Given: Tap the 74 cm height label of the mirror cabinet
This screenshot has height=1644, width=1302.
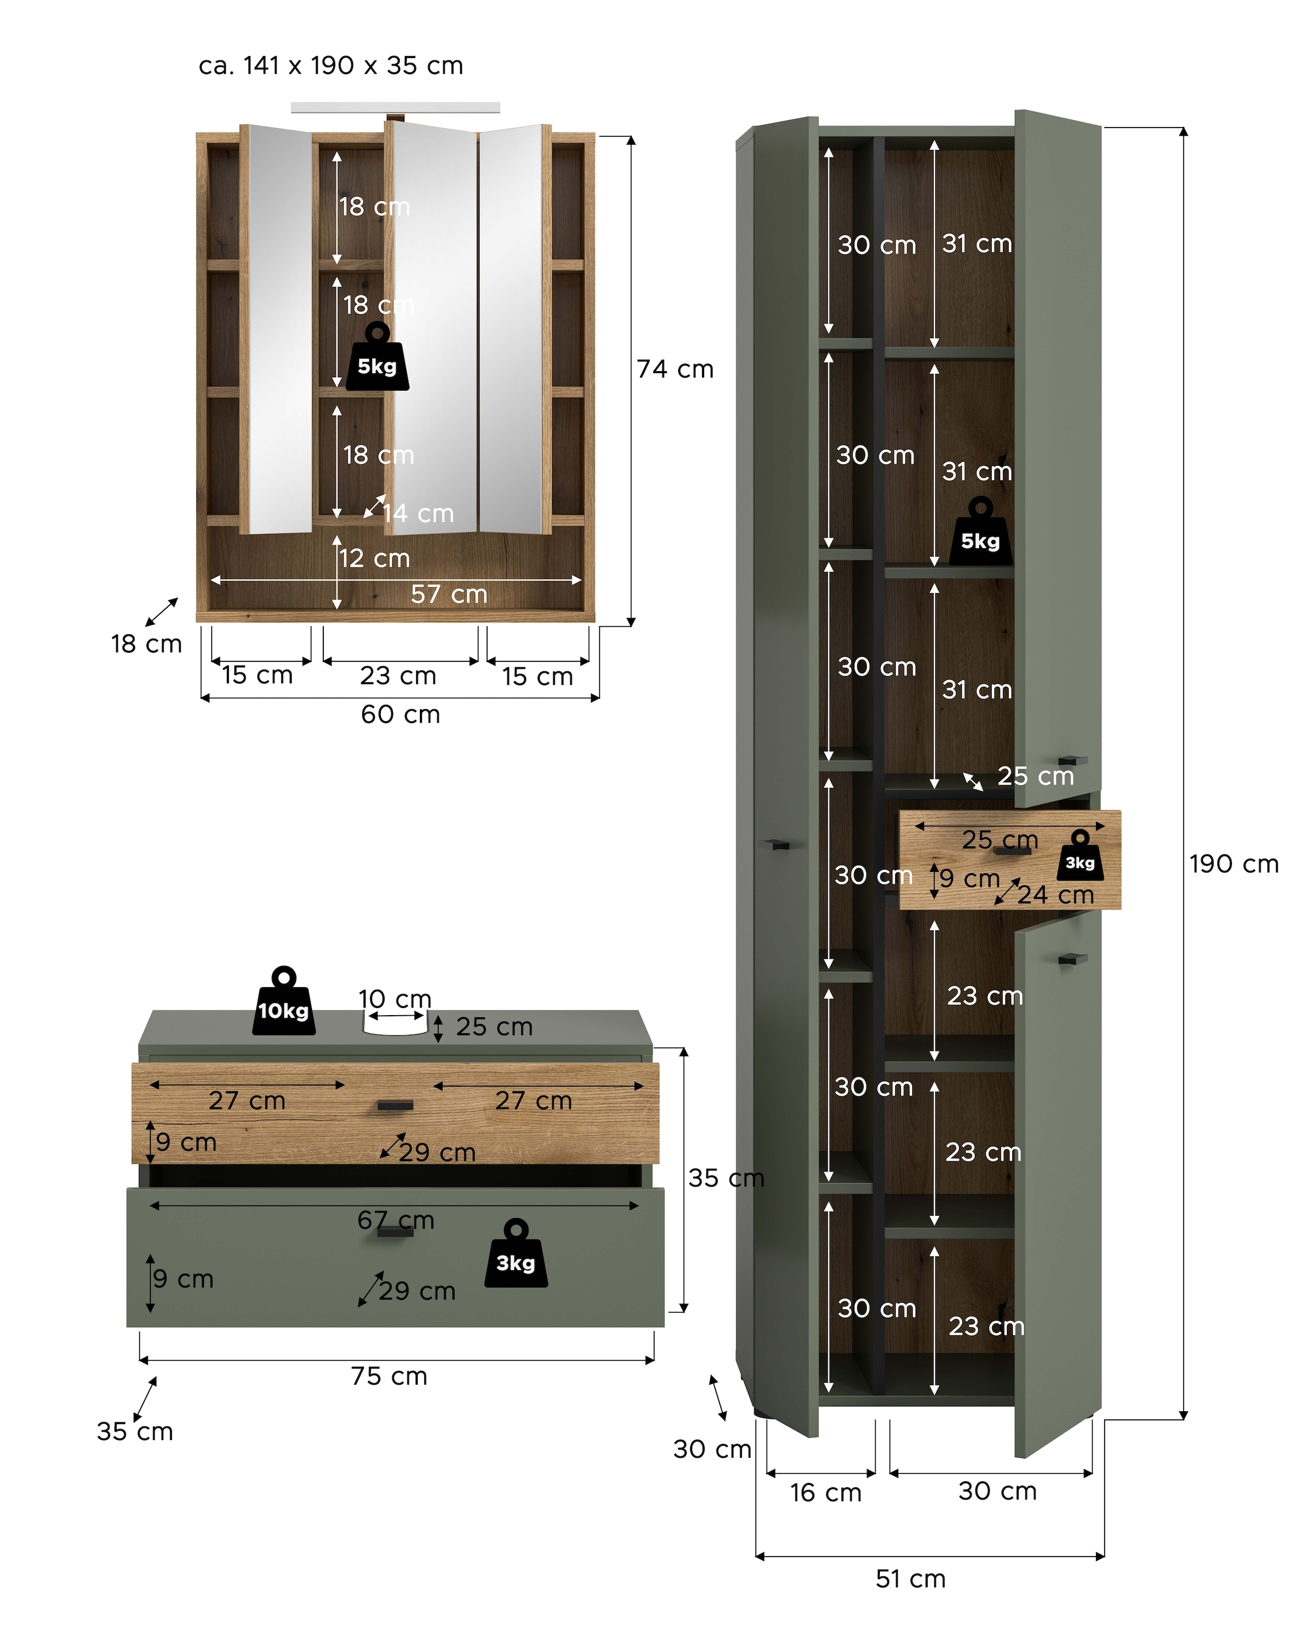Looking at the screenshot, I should tap(675, 369).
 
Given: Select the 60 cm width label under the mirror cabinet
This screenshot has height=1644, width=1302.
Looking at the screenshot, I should tap(400, 715).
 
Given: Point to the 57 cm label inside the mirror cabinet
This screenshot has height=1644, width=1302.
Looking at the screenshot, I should tap(449, 594).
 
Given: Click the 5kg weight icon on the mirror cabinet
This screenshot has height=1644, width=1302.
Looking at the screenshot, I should tap(378, 359).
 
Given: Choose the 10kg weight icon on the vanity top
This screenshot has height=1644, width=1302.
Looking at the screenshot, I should tap(284, 1002).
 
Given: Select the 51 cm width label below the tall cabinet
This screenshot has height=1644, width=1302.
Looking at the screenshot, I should tap(910, 1578).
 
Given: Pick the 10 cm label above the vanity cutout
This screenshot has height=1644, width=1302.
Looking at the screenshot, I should tap(395, 999).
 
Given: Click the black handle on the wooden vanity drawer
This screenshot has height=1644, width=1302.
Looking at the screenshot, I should tap(395, 1105).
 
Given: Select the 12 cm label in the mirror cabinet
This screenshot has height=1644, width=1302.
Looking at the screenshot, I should tap(374, 558).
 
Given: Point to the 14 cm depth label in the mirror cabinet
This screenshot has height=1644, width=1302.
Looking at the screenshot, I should tap(418, 513).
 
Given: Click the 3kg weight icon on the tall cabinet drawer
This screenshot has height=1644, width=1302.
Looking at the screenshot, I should tap(1080, 856).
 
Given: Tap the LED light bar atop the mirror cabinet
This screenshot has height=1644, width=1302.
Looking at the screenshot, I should tap(395, 107).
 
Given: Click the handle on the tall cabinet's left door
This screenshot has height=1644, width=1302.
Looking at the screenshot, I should tap(775, 844).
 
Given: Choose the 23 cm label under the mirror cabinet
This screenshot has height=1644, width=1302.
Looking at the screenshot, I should tap(398, 676).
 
